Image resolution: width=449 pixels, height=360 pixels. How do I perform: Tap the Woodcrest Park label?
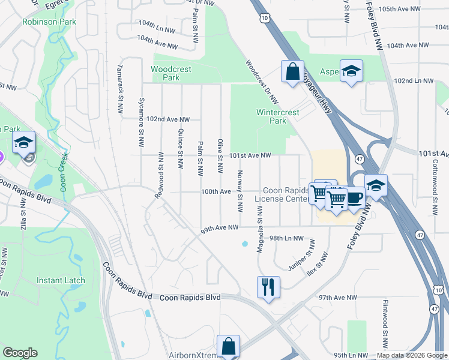pos(171,73)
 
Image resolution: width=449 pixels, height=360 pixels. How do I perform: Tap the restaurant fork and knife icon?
pos(267,286)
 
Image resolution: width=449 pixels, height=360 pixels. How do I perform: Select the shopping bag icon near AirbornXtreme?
pos(229,345)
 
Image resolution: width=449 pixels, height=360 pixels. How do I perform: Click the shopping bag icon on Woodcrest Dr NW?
pos(292,71)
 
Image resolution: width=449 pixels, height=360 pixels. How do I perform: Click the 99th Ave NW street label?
pos(220,228)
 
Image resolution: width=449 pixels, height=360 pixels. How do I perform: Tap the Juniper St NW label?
pos(301,257)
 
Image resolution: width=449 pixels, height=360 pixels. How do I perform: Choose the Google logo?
pos(20,353)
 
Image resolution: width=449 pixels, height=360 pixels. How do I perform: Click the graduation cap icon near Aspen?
pos(351,71)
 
